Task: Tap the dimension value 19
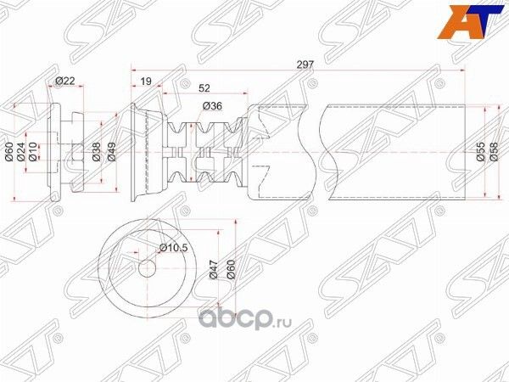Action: [x=145, y=82]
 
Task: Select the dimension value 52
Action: [x=204, y=88]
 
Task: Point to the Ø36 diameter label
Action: [x=213, y=106]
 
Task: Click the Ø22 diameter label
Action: [x=65, y=81]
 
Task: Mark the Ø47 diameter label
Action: [x=213, y=271]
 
